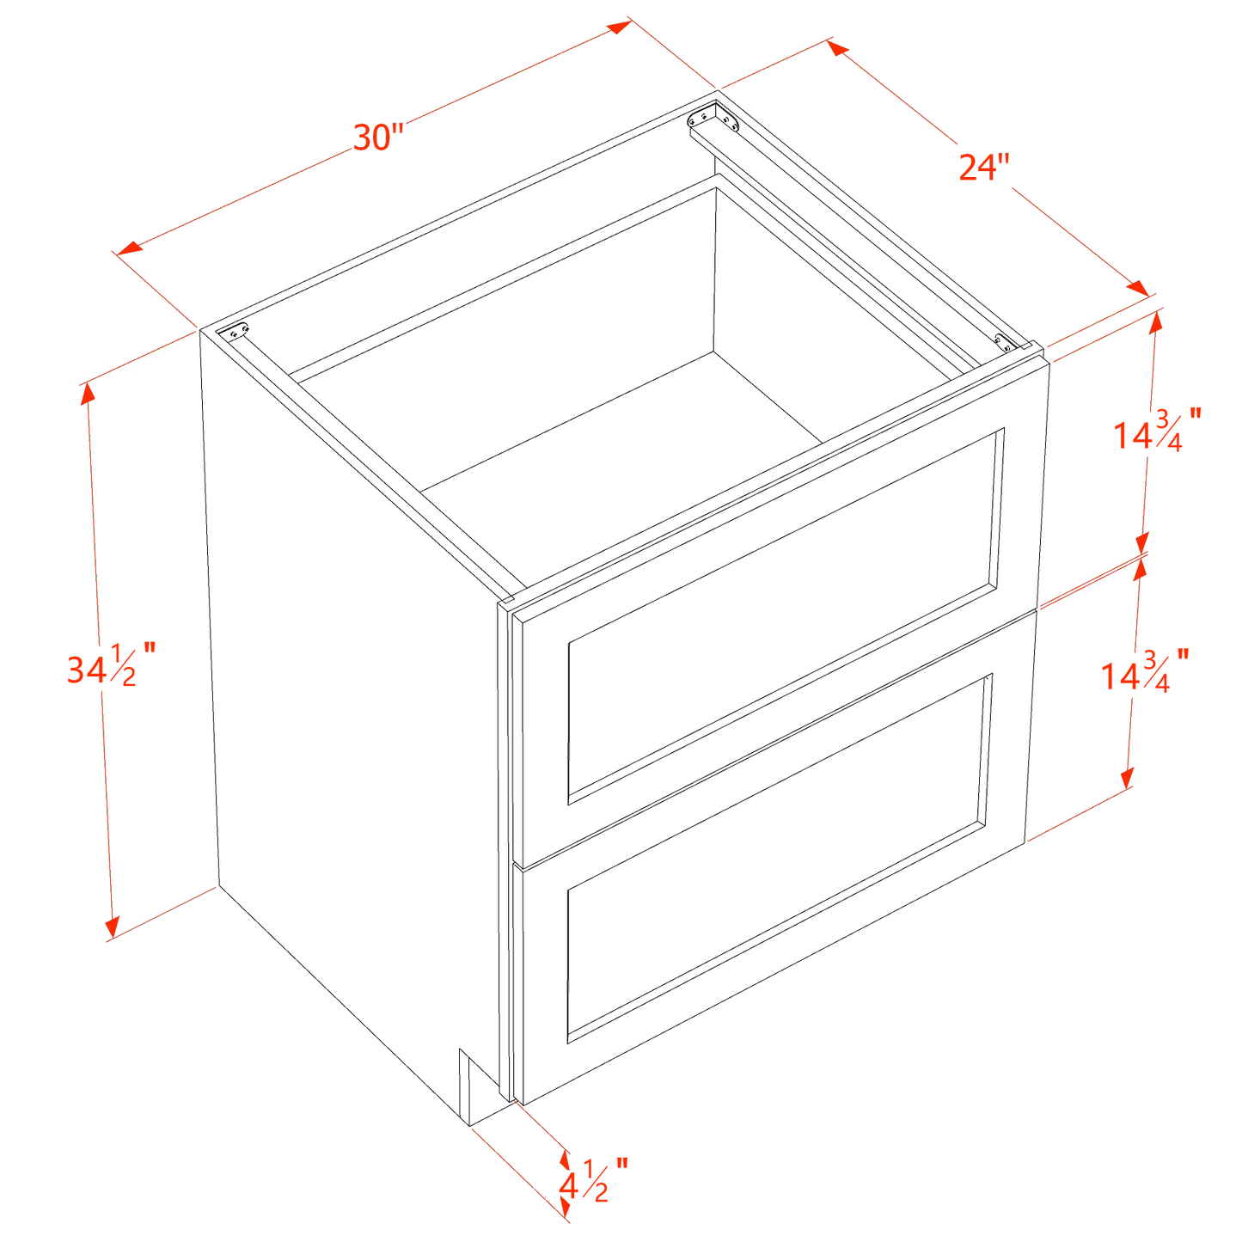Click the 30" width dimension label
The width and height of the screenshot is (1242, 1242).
point(378,138)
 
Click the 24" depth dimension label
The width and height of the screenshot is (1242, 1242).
point(983,167)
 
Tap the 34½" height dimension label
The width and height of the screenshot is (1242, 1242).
point(111,664)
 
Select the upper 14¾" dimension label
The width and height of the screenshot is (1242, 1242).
point(1157,430)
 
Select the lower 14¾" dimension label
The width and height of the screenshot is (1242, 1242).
point(1144,670)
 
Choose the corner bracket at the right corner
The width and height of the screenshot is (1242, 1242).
point(1005,342)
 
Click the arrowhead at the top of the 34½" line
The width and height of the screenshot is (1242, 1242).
point(87,394)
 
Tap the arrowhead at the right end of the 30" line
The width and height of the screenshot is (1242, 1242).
point(620,27)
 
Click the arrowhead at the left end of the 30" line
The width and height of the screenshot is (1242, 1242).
point(130,248)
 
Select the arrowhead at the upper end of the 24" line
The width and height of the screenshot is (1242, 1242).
point(838,47)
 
